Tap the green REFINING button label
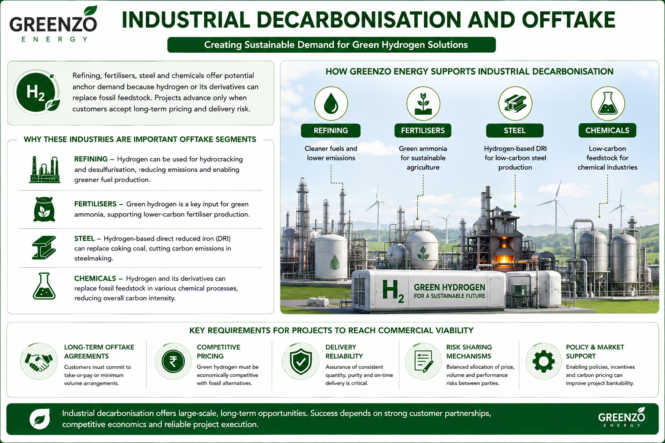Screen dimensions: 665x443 [x=331, y=131]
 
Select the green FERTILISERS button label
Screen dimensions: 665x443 [x=423, y=131]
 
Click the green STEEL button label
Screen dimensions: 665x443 [x=515, y=131]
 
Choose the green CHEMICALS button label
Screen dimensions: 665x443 [x=607, y=131]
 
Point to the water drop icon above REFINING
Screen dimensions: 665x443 [x=331, y=103]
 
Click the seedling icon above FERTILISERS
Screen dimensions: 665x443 [x=423, y=103]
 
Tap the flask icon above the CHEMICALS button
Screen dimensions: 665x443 [x=608, y=103]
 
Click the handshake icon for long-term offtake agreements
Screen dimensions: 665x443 [x=39, y=361]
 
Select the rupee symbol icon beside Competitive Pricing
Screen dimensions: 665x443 [x=173, y=361]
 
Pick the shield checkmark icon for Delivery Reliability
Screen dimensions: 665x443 [x=300, y=361]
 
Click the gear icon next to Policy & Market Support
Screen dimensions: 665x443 [x=544, y=361]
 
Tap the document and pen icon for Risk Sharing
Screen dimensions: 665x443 [x=423, y=361]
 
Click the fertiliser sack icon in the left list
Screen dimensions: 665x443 [x=44, y=209]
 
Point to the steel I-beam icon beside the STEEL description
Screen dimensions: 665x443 [x=44, y=247]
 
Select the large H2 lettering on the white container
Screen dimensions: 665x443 [x=393, y=291]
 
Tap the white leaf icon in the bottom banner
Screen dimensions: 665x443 [x=39, y=419]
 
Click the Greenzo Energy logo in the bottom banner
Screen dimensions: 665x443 [x=621, y=417]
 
